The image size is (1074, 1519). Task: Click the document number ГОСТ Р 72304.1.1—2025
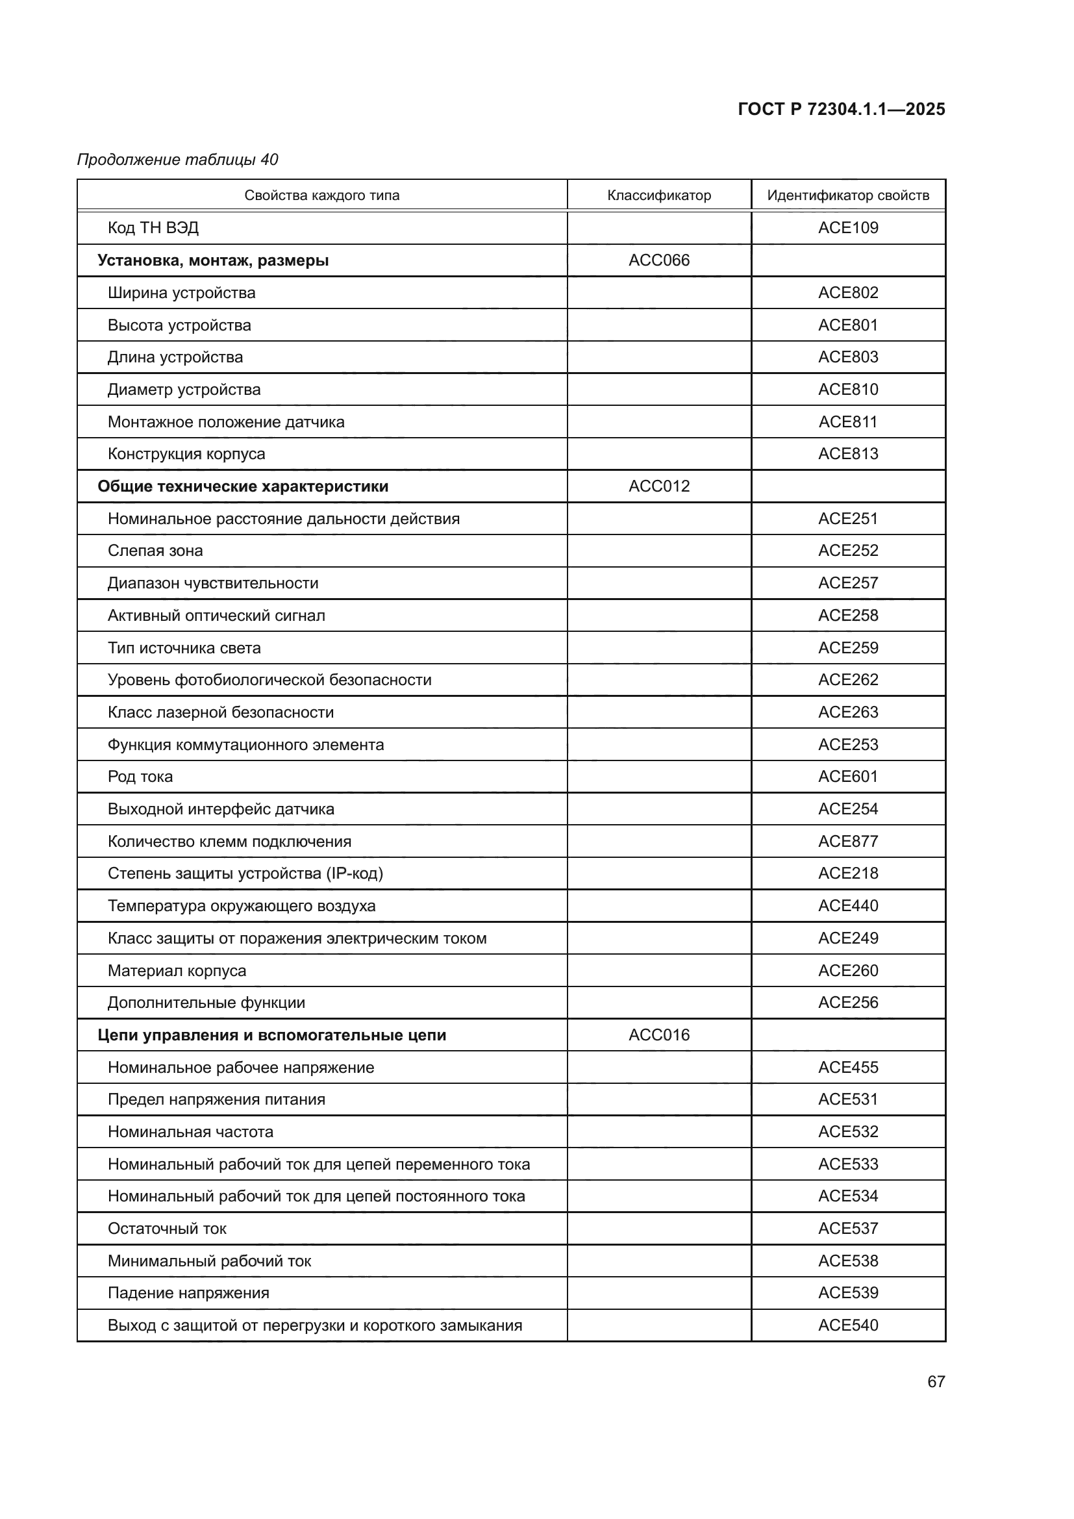pyautogui.click(x=840, y=109)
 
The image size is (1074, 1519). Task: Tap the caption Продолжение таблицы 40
pyautogui.click(x=177, y=160)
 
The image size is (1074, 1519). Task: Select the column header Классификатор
pyautogui.click(x=658, y=195)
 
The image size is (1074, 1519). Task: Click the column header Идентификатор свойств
pyautogui.click(x=848, y=195)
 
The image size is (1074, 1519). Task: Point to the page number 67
pyautogui.click(x=936, y=1381)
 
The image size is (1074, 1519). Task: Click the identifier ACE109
pyautogui.click(x=848, y=227)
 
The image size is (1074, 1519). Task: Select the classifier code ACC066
pyautogui.click(x=658, y=260)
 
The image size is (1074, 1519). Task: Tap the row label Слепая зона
pyautogui.click(x=155, y=551)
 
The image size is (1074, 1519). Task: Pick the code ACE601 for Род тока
pyautogui.click(x=848, y=776)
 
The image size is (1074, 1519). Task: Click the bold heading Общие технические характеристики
pyautogui.click(x=243, y=486)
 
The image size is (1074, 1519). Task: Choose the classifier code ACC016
pyautogui.click(x=658, y=1035)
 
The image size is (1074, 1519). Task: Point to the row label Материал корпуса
pyautogui.click(x=177, y=970)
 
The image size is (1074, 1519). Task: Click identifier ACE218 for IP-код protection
pyautogui.click(x=848, y=873)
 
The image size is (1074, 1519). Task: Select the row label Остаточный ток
pyautogui.click(x=167, y=1229)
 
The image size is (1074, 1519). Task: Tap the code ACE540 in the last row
pyautogui.click(x=848, y=1325)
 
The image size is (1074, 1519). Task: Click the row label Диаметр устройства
pyautogui.click(x=184, y=390)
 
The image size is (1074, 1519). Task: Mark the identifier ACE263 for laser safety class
pyautogui.click(x=848, y=712)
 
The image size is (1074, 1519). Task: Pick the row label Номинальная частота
pyautogui.click(x=190, y=1132)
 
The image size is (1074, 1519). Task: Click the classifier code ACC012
pyautogui.click(x=658, y=486)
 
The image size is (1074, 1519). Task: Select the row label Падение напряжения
pyautogui.click(x=188, y=1293)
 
